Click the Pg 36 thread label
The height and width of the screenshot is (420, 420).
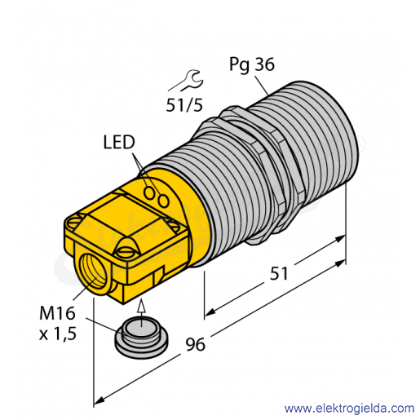click(x=252, y=64)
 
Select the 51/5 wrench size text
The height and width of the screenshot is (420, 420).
click(x=184, y=105)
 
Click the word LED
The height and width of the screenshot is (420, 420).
click(x=119, y=142)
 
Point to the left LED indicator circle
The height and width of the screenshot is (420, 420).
click(x=149, y=193)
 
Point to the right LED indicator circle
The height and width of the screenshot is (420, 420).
click(x=163, y=201)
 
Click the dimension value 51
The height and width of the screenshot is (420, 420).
click(x=279, y=273)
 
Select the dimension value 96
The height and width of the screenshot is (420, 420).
click(x=195, y=344)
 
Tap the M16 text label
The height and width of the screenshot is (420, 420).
click(x=57, y=313)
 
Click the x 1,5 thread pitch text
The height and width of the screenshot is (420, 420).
click(x=58, y=334)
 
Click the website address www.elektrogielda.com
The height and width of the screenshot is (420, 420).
click(x=349, y=409)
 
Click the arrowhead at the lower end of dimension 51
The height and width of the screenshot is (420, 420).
click(x=210, y=313)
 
